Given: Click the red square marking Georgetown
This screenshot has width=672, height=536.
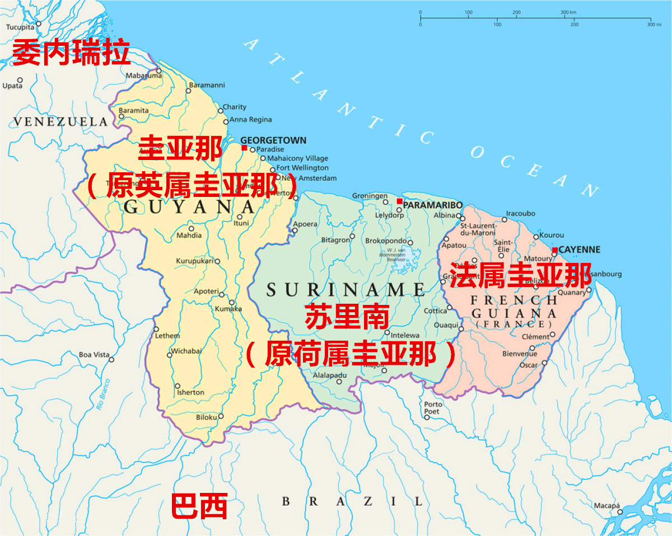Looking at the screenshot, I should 244,148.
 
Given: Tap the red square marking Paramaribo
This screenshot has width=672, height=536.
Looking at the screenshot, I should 399,201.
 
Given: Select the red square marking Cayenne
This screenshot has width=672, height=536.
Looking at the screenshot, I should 554,250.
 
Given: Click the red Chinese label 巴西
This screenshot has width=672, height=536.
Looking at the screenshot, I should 199,506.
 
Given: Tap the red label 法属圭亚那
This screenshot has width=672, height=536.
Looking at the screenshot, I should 520,275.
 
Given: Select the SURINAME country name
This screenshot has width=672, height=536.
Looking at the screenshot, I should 346,289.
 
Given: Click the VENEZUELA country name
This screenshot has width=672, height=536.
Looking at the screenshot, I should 60,121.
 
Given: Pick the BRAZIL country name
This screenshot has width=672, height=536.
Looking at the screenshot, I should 352,501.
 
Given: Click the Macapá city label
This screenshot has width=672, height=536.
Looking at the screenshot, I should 606,505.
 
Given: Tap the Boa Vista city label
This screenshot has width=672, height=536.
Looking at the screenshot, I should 94,355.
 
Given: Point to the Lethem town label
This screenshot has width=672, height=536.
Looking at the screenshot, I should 167,336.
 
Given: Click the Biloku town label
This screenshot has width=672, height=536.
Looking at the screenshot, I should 206,417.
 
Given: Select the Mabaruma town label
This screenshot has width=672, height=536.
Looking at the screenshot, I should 141,76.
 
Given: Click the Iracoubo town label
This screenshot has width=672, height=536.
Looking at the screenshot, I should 521,213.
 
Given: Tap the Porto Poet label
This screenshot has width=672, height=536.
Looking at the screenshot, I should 432,408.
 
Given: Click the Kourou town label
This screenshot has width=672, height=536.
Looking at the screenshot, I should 552,235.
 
